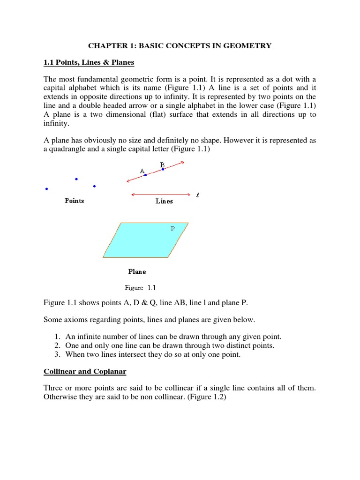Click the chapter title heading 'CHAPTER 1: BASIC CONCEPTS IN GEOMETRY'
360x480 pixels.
[x=180, y=45]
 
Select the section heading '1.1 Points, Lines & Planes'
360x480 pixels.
[x=89, y=62]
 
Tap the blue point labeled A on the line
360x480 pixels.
[x=145, y=175]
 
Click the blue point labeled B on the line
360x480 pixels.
[x=163, y=169]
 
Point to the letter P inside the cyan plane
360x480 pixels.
[x=172, y=229]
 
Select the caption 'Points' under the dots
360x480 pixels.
[x=74, y=201]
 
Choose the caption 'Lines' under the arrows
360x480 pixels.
[x=164, y=201]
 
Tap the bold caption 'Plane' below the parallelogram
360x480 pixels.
[x=137, y=271]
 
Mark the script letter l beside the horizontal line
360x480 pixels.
[x=198, y=195]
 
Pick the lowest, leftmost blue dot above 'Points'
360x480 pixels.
[x=46, y=189]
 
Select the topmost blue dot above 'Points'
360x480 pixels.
[x=76, y=179]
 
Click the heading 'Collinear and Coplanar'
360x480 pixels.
[x=85, y=371]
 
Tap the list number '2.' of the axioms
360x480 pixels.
[x=57, y=345]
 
